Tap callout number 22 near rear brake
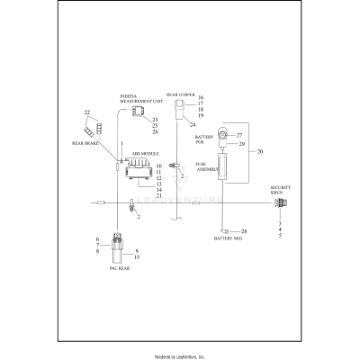tap(87, 112)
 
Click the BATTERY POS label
tap(203, 140)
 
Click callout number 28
tap(243, 232)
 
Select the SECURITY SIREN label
tap(281, 192)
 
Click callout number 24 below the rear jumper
tap(192, 125)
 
